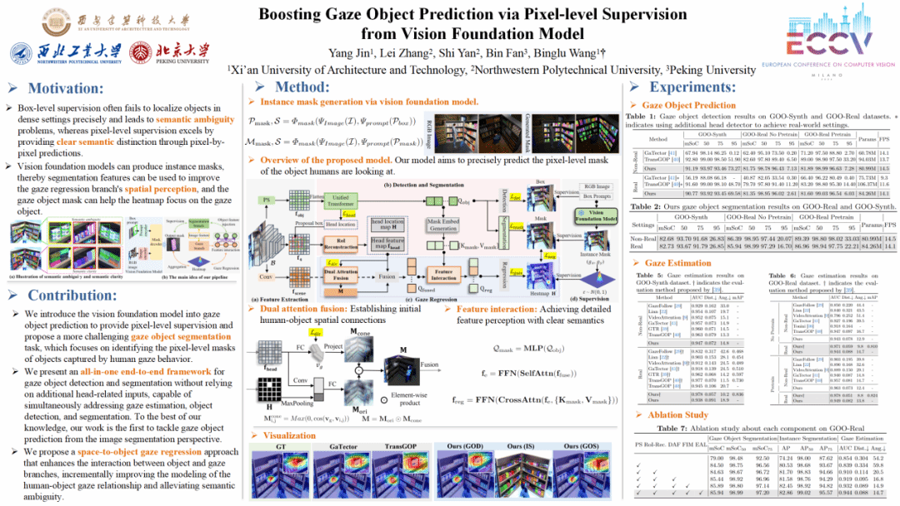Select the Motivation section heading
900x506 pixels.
[x=65, y=88]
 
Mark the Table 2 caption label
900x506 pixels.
[x=644, y=206]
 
